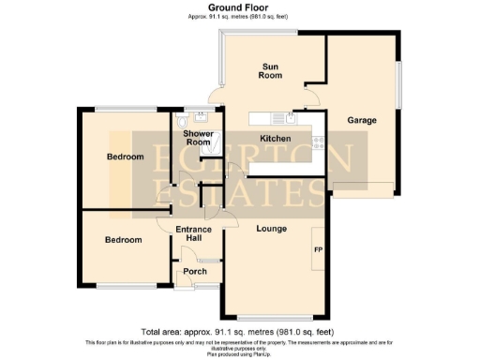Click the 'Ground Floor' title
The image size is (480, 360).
point(239,7)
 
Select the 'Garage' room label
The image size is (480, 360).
point(362,121)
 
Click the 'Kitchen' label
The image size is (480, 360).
point(276,139)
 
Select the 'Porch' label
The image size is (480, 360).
point(194,272)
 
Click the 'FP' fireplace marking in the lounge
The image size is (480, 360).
point(317,250)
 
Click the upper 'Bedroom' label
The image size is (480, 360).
point(125,157)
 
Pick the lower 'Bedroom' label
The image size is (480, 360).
point(123,240)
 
